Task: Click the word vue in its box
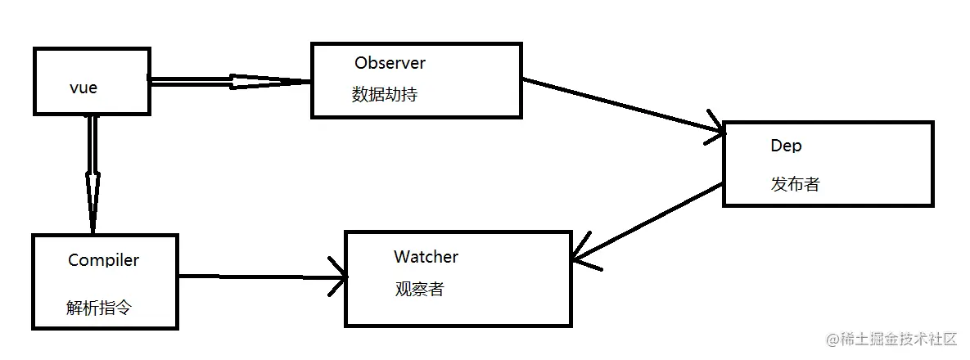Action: click(x=83, y=88)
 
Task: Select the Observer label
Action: click(x=390, y=63)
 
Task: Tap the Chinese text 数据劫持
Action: click(x=385, y=94)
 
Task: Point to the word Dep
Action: click(x=786, y=146)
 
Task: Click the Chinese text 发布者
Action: click(x=794, y=184)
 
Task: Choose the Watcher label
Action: click(x=426, y=257)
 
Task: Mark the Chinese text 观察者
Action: click(x=419, y=289)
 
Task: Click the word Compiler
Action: click(x=103, y=260)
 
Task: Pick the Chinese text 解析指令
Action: click(x=98, y=308)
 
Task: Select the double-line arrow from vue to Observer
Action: click(x=229, y=81)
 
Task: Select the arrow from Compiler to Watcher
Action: click(x=262, y=277)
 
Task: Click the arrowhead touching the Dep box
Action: click(x=714, y=131)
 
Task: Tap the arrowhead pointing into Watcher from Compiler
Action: click(x=339, y=277)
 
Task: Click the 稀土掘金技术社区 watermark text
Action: click(x=900, y=339)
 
